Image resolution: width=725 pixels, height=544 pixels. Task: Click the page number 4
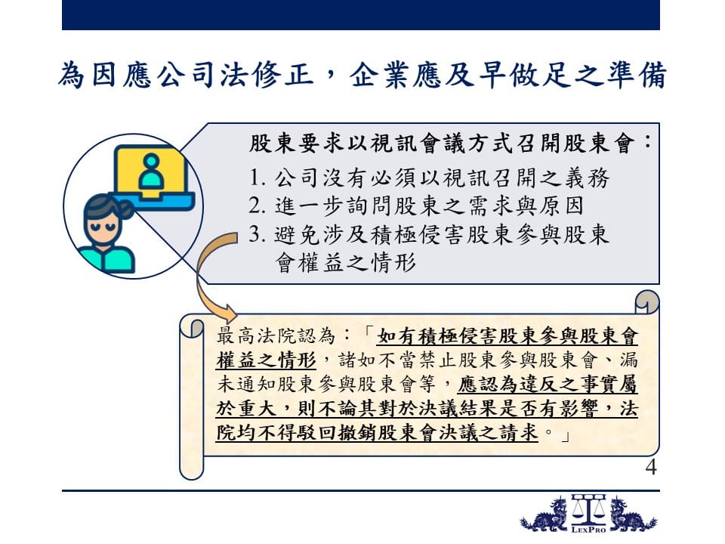tap(651, 467)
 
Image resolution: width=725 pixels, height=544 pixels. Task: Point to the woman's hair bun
tap(126, 210)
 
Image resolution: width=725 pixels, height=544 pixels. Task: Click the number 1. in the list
tap(257, 178)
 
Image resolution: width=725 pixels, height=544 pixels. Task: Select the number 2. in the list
tap(257, 206)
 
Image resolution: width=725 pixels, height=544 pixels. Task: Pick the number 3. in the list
tap(257, 235)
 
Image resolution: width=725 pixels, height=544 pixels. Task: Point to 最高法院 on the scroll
tap(256, 335)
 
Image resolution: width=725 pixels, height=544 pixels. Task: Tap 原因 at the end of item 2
tap(560, 206)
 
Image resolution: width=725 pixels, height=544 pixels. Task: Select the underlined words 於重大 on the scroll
tap(246, 408)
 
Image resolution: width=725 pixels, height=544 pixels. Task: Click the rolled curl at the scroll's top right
tap(647, 301)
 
